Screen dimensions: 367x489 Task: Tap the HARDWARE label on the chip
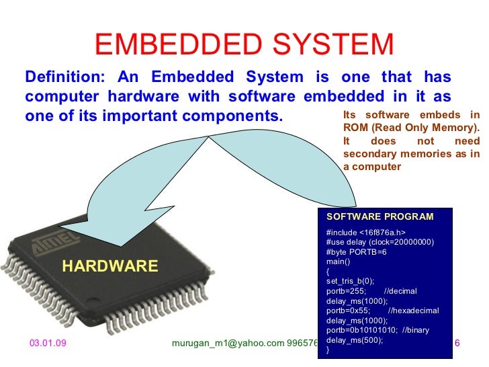coord(110,266)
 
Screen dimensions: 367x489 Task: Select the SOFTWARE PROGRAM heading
coord(380,216)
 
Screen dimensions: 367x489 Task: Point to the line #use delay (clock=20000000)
coord(380,242)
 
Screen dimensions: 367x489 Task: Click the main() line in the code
coord(337,261)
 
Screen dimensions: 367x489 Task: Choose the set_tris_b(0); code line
coord(350,281)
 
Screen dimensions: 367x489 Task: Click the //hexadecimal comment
coord(413,311)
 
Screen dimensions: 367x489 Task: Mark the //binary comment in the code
coord(416,330)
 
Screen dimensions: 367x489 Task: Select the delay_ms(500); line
coord(354,340)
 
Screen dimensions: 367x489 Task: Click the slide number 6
coord(457,343)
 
